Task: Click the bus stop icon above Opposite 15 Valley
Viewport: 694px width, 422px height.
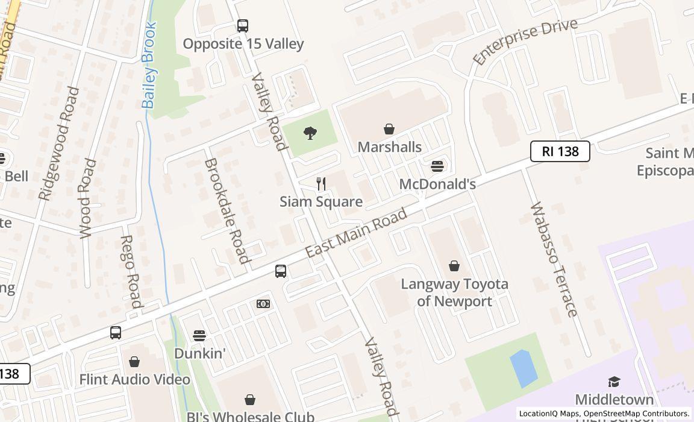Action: [x=242, y=26]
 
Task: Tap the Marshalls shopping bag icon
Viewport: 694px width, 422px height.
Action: [x=389, y=129]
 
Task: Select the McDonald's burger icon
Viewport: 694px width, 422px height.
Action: [x=437, y=166]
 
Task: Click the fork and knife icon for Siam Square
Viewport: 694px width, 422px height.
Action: [x=321, y=184]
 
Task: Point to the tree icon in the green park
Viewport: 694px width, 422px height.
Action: [x=310, y=133]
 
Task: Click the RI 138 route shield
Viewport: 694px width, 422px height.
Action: [x=560, y=151]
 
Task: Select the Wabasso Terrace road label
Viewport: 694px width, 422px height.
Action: [x=554, y=259]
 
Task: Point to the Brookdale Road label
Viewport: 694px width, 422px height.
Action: [x=227, y=211]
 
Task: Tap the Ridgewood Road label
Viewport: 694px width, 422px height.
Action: [x=59, y=143]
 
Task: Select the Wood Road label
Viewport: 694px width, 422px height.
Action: [x=88, y=198]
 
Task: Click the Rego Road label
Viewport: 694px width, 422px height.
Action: [x=131, y=271]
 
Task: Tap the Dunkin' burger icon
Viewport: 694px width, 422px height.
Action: [x=199, y=335]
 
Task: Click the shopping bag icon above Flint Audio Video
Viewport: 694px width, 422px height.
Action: [x=134, y=362]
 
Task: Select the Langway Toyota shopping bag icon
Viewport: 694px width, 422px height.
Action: [x=454, y=266]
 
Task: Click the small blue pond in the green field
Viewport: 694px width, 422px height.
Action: [x=524, y=368]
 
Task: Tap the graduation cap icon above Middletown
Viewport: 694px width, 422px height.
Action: [x=614, y=382]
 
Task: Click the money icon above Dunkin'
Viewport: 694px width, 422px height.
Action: [x=263, y=304]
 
